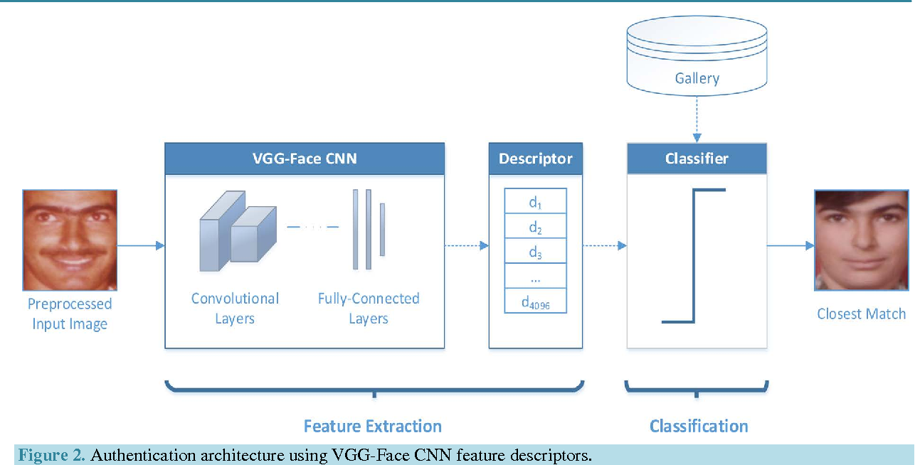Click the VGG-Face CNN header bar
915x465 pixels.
[305, 159]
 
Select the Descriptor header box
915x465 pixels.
[535, 159]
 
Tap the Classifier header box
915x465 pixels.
[697, 159]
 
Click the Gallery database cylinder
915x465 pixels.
[697, 57]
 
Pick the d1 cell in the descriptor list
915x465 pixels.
[535, 202]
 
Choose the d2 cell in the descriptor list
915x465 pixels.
[535, 228]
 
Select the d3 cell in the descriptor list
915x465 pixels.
[535, 252]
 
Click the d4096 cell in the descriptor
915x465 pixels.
[535, 303]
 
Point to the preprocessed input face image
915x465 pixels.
[70, 240]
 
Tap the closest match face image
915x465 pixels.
[862, 240]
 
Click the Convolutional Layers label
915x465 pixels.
[235, 308]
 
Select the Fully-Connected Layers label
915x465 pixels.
[369, 308]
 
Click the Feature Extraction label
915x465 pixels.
[373, 426]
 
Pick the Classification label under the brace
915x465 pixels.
[699, 426]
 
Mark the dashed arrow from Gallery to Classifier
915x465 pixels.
[697, 119]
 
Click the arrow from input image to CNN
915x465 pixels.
[141, 246]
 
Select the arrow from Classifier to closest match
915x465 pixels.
[790, 246]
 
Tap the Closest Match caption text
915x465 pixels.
[862, 314]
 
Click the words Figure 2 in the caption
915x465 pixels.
[52, 456]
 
